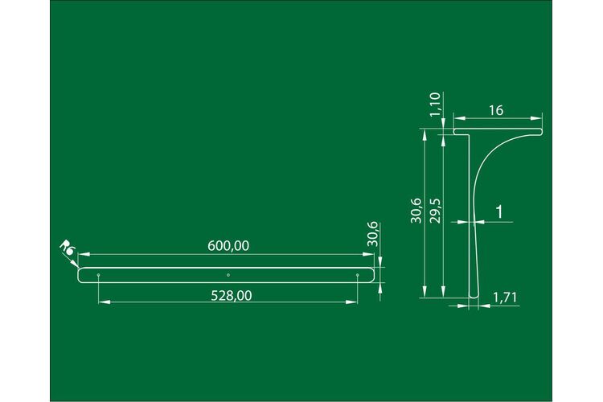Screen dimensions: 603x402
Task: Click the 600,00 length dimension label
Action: coord(228,246)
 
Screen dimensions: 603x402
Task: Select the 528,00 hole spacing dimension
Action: coord(232,296)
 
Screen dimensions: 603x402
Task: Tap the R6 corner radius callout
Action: coord(67,248)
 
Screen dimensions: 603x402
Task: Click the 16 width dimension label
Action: coord(496,111)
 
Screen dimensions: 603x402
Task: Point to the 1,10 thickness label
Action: coord(435,105)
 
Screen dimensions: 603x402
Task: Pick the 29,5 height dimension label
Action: coord(436,211)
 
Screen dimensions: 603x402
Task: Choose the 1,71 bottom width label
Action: coord(506,297)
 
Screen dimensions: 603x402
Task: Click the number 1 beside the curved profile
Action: coord(499,212)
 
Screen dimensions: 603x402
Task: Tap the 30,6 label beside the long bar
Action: coord(373,234)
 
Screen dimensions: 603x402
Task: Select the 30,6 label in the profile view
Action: coord(416,211)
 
